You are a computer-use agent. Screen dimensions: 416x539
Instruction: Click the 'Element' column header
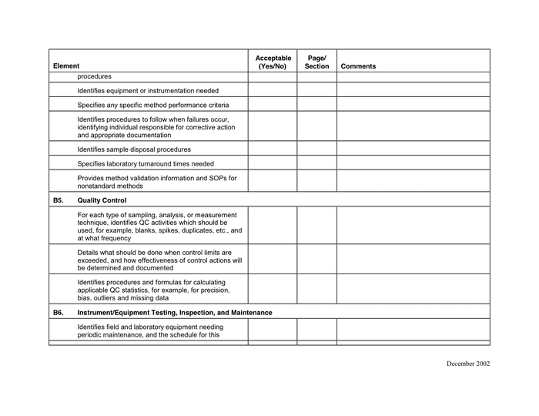pos(66,66)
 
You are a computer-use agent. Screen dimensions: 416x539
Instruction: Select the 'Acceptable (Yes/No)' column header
pos(273,62)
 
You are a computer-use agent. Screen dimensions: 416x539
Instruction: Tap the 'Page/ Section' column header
pos(316,62)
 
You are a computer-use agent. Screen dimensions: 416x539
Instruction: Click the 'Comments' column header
pos(358,66)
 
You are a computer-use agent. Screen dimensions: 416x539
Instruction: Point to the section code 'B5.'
pos(59,200)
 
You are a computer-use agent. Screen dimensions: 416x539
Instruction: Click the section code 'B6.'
pos(59,313)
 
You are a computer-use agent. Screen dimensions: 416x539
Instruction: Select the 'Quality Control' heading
pos(102,200)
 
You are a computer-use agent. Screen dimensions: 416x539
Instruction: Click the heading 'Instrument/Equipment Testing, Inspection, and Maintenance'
pos(175,313)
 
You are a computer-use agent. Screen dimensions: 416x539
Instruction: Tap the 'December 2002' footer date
pos(467,364)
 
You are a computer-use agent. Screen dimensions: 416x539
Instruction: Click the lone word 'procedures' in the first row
pos(94,76)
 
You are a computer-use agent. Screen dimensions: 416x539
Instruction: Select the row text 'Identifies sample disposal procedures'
pos(134,149)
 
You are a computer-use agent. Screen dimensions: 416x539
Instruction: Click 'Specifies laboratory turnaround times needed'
pos(146,163)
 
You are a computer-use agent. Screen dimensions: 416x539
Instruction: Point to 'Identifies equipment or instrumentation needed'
pos(147,90)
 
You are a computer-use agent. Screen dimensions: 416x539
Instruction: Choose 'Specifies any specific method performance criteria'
pos(152,105)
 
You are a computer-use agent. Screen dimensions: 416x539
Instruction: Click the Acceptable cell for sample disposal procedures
pos(273,149)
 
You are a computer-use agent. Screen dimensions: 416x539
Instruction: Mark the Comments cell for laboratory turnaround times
pos(413,163)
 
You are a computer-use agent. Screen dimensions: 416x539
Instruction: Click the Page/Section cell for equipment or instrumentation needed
pos(316,90)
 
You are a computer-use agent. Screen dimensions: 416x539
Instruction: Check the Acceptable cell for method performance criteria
pos(273,104)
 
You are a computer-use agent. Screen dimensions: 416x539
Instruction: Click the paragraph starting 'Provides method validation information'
pos(157,182)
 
